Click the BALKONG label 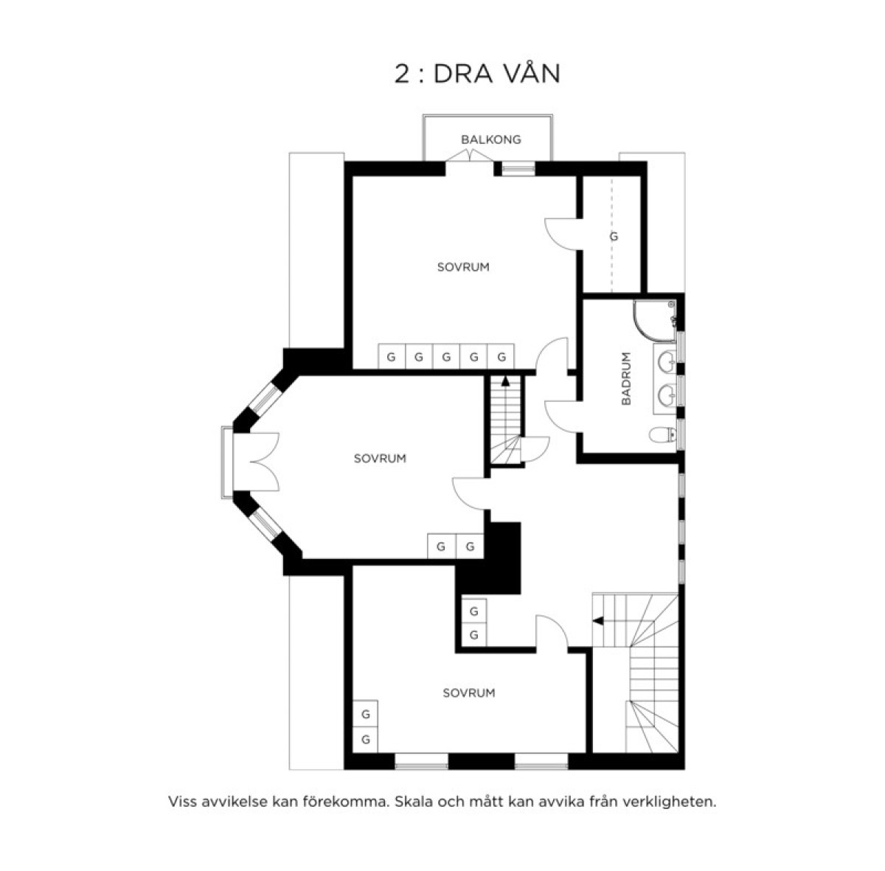coord(491,139)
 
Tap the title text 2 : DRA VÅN coord(478,74)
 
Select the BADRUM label coord(626,378)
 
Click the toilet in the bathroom coord(663,434)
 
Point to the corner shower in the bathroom coord(654,322)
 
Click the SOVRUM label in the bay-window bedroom coord(380,459)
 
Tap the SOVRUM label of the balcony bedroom coord(463,268)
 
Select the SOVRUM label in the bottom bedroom coord(469,693)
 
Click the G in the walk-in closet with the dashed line coord(614,237)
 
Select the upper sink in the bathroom coord(667,361)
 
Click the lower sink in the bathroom coord(667,394)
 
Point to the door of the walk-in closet coord(561,235)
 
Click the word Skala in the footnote coord(412,802)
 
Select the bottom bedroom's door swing coord(552,631)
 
